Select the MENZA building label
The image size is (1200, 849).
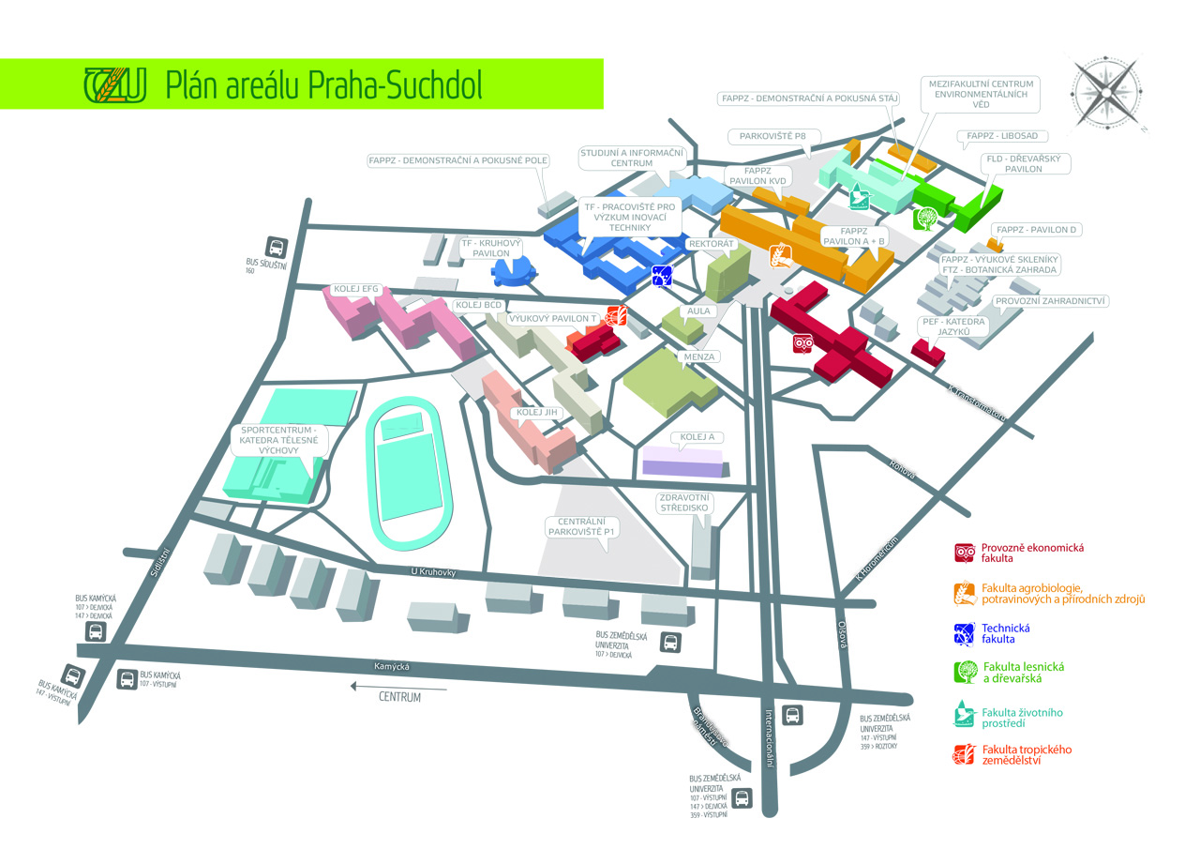coord(698,356)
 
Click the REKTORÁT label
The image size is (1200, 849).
coord(711,243)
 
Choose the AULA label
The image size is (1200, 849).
coord(700,311)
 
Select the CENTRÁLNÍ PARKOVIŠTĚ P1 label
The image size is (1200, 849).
coord(580,526)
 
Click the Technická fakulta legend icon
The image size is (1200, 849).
coord(965,633)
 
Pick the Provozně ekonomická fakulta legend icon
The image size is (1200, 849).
coord(965,553)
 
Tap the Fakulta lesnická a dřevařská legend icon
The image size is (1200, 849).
coord(965,672)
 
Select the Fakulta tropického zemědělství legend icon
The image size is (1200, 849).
coord(965,754)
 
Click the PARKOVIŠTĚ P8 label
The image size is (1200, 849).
coord(772,137)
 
